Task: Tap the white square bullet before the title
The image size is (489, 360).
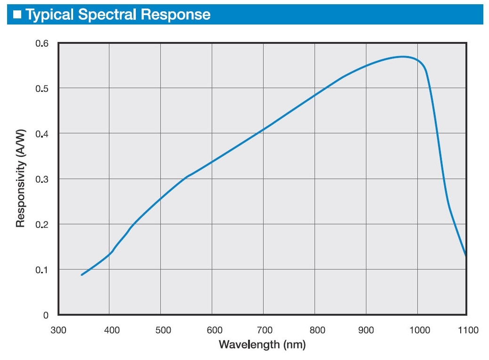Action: coord(17,15)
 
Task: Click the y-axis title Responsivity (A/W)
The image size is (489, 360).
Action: coord(20,179)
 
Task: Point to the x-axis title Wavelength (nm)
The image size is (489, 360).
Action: coord(262,344)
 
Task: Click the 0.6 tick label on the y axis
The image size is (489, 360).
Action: coord(42,43)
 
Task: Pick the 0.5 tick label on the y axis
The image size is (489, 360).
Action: coord(42,89)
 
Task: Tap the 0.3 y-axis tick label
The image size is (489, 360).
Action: coord(42,179)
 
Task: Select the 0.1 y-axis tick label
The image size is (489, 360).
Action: coord(42,270)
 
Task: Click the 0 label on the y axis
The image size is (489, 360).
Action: coord(46,315)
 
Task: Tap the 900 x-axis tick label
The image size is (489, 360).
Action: coord(366,330)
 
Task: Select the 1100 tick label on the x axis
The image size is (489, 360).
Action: coord(468,330)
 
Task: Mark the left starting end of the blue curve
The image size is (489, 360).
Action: coord(82,275)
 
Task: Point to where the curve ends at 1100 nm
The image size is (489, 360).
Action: coord(466,255)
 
